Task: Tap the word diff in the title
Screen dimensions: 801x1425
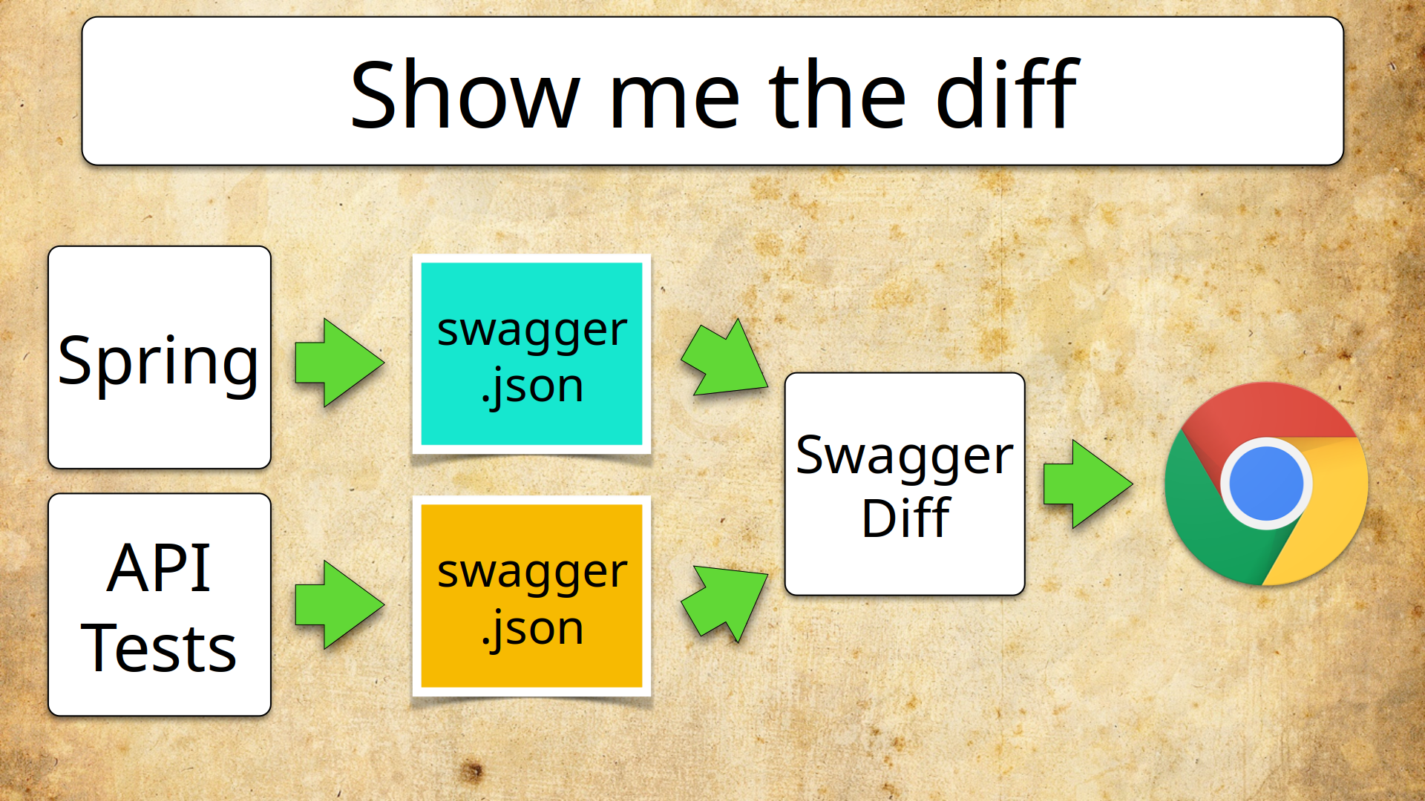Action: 1006,95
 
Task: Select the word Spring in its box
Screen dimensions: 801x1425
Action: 158,362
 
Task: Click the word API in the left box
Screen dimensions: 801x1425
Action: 159,568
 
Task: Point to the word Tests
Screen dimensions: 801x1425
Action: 159,648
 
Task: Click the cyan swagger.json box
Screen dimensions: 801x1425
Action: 531,355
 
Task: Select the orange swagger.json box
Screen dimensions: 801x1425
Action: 531,596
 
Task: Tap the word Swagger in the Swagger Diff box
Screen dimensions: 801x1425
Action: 904,455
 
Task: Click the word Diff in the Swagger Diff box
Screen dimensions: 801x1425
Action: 905,518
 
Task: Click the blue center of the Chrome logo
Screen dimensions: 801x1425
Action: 1266,484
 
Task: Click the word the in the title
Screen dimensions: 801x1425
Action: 837,95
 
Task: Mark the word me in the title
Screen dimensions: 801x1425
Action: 674,95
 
